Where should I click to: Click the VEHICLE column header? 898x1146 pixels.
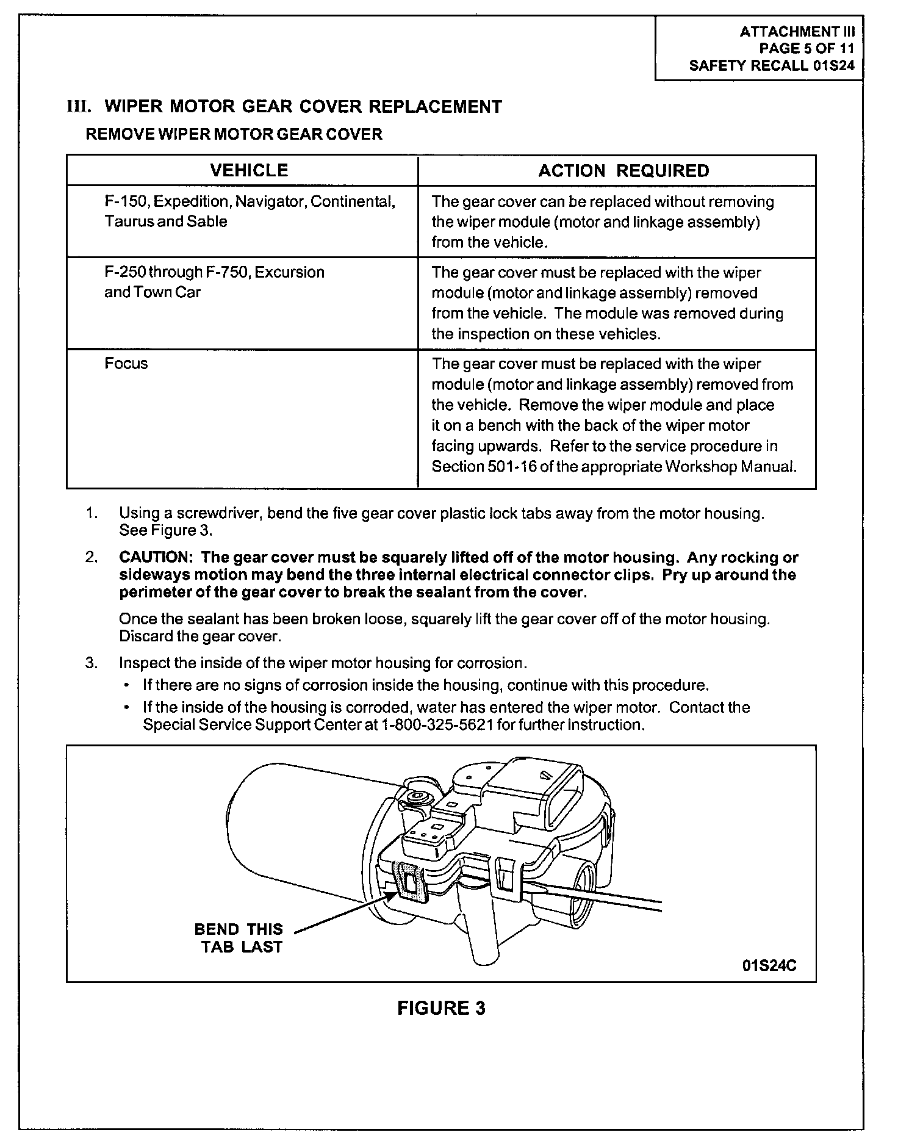point(249,170)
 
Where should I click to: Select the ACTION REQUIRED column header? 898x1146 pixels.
point(623,171)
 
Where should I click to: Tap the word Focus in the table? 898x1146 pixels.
point(126,364)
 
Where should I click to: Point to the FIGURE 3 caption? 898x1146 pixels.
point(441,1008)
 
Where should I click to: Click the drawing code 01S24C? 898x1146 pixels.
point(769,966)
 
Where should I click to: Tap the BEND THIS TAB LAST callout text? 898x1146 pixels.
point(239,938)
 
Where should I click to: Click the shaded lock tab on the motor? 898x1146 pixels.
point(408,881)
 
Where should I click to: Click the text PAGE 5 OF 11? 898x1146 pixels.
point(806,49)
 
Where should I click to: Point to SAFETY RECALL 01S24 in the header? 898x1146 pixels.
point(772,66)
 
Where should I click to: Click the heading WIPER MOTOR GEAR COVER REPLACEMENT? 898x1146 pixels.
point(303,107)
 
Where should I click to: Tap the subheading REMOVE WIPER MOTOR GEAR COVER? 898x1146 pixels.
point(234,134)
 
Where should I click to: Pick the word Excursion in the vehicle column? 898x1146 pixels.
point(290,272)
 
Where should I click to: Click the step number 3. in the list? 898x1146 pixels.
point(92,663)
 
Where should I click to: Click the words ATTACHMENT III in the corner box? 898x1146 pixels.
point(797,32)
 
